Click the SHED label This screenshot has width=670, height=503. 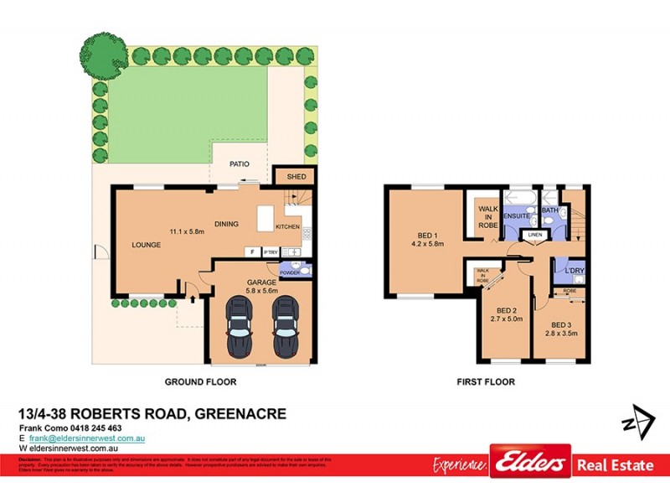296,177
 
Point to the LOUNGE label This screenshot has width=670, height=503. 146,245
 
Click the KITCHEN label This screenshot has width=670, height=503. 287,226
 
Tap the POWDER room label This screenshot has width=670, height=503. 290,272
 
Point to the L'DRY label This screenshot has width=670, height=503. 573,270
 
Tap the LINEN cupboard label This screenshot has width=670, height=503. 534,236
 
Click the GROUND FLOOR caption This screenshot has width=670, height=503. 201,381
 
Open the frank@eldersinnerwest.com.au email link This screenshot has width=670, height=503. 88,438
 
